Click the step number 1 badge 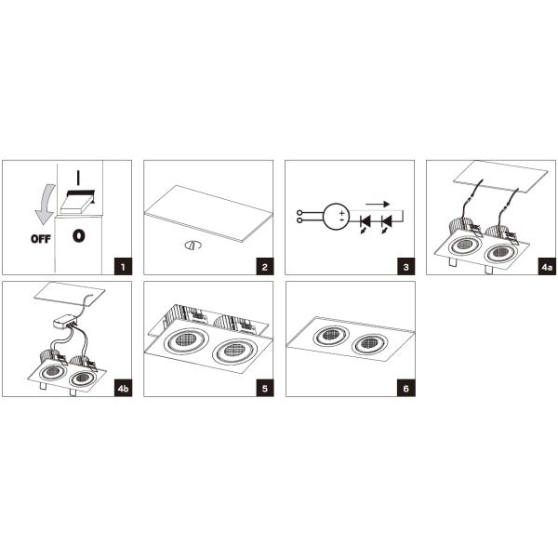(x=123, y=267)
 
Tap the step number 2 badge (x=265, y=267)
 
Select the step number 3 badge (x=406, y=267)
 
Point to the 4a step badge (x=547, y=267)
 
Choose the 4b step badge (x=123, y=388)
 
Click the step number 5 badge (x=265, y=388)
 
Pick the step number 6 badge (x=406, y=388)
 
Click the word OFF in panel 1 (x=41, y=239)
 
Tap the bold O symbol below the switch (x=79, y=236)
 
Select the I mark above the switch (x=78, y=178)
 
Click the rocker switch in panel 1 (x=78, y=202)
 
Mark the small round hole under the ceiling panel (x=193, y=246)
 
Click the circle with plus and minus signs (x=337, y=217)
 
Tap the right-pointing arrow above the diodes (x=378, y=205)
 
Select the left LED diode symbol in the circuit (x=365, y=221)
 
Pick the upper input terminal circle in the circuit (x=299, y=213)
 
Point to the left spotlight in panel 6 (x=331, y=335)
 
